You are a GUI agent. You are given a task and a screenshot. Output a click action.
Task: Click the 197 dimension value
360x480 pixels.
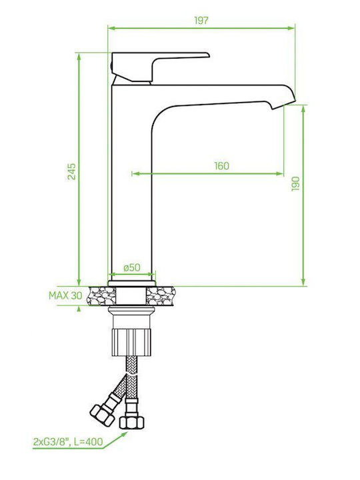click(x=201, y=21)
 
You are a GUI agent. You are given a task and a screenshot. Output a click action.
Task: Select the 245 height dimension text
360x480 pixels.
click(x=71, y=172)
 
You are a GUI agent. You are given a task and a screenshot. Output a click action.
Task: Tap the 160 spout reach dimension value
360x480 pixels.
click(x=221, y=166)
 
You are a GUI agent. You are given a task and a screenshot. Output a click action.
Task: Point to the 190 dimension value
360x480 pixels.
click(x=295, y=184)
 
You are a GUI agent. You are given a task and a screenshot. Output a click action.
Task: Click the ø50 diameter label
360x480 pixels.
click(x=132, y=267)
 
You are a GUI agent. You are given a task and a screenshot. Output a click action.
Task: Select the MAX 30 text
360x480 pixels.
click(x=65, y=295)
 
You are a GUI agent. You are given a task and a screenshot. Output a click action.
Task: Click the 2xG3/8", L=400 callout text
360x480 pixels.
click(x=67, y=442)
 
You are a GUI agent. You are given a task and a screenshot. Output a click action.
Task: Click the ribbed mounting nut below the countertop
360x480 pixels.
click(x=131, y=342)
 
